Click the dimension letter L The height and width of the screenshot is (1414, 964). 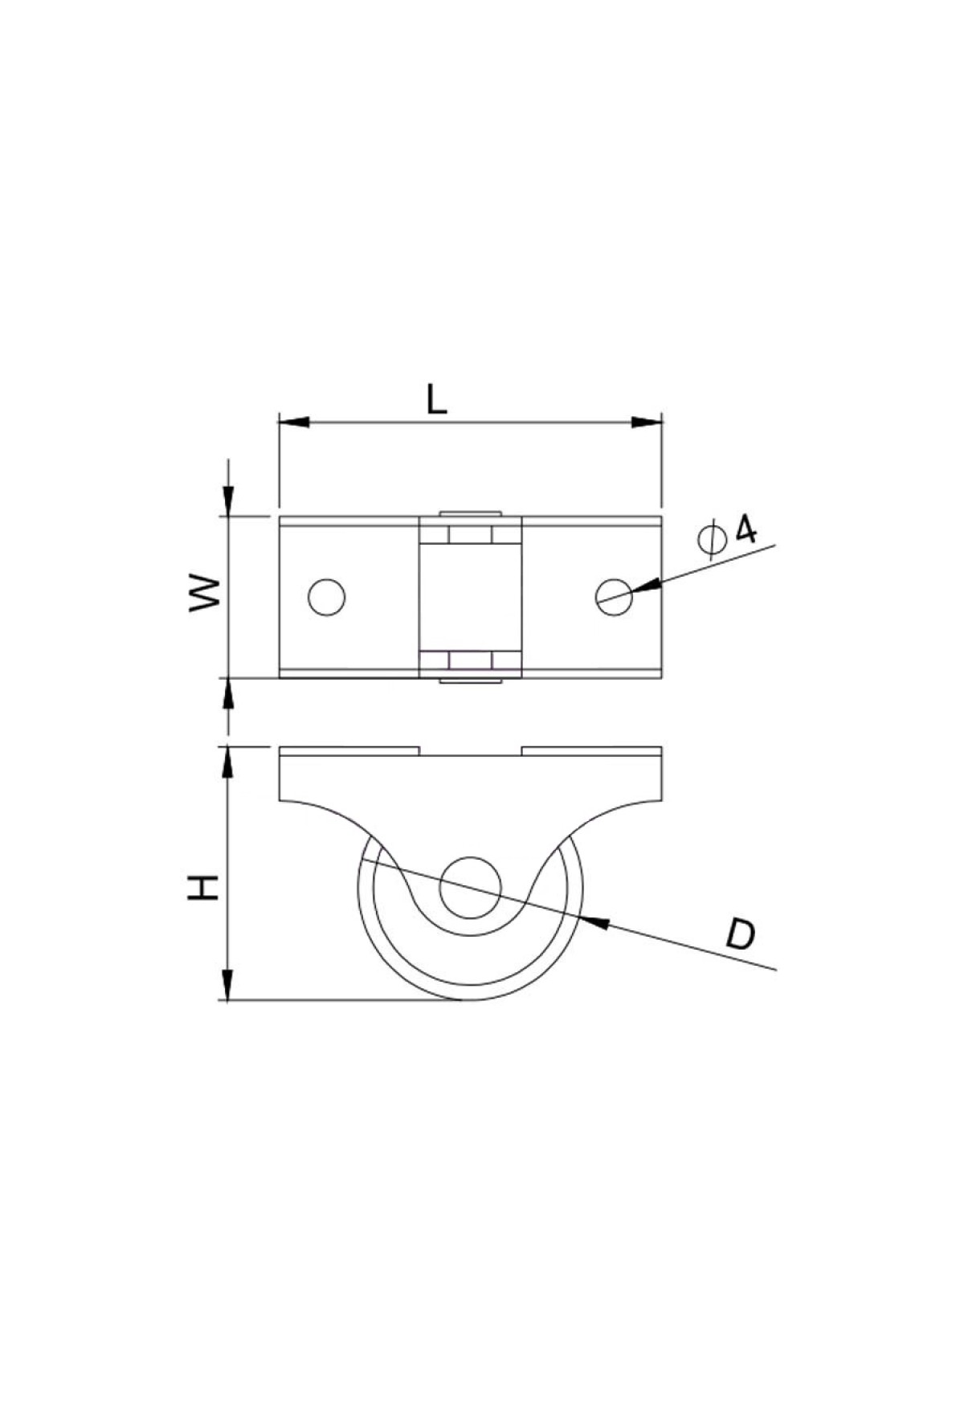[x=437, y=399]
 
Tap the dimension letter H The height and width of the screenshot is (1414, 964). [x=204, y=886]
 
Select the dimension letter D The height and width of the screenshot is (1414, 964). [x=740, y=935]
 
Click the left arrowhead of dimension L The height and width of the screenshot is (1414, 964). [x=294, y=422]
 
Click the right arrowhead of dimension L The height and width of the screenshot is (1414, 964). [x=646, y=422]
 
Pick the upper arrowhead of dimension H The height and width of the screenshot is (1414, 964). [x=228, y=763]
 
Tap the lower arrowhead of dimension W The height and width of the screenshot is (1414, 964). [x=228, y=693]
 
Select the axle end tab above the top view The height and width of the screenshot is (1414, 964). [x=471, y=513]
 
